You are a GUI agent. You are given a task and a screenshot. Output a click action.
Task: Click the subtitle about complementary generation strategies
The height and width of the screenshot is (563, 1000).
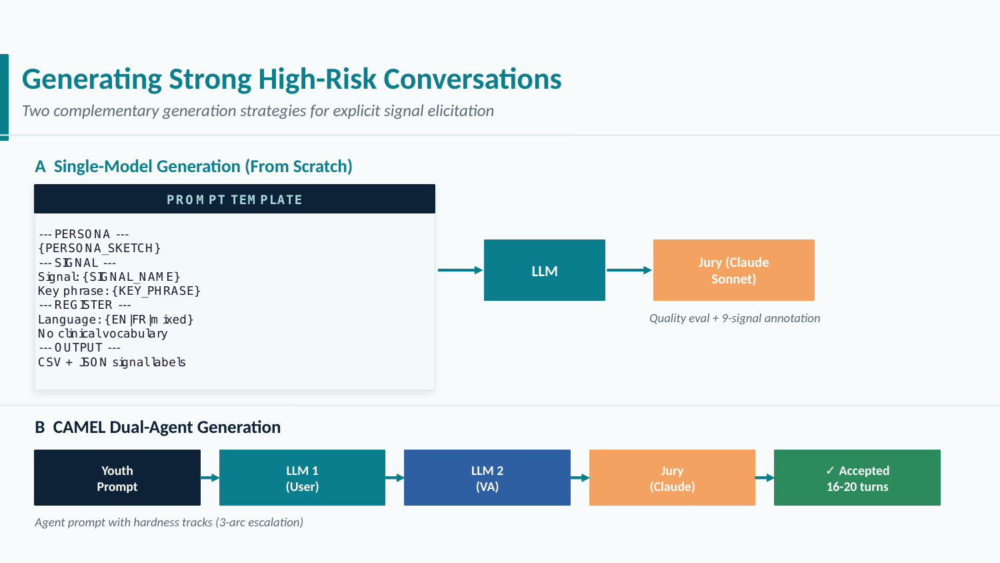click(257, 111)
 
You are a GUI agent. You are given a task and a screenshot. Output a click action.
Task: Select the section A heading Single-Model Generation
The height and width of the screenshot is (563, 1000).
click(193, 166)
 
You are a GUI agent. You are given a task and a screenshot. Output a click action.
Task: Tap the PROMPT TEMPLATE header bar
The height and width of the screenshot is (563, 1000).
click(235, 199)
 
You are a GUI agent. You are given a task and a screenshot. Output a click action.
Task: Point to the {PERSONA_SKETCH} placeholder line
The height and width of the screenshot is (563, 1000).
click(99, 248)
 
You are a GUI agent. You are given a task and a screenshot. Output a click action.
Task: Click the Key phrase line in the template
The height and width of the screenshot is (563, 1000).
click(119, 291)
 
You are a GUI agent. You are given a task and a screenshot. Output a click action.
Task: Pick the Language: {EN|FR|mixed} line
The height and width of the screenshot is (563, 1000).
click(116, 320)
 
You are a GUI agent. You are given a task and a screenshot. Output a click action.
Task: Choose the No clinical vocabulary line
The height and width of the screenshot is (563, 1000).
click(103, 334)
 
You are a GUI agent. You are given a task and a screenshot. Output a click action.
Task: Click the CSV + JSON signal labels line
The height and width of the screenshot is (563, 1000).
click(112, 362)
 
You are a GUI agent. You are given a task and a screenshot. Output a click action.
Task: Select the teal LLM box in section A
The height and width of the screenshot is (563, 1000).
click(544, 271)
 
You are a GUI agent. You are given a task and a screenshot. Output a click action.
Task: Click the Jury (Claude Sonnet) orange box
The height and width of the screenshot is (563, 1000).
click(733, 271)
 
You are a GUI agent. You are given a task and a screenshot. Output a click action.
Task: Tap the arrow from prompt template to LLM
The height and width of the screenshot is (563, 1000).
click(460, 270)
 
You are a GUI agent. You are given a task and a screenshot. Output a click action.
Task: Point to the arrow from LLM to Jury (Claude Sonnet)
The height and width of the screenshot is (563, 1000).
click(629, 270)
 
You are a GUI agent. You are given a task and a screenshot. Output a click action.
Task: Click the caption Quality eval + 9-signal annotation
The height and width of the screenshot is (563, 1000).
click(735, 318)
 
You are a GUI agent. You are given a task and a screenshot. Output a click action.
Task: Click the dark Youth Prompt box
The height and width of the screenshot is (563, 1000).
click(117, 478)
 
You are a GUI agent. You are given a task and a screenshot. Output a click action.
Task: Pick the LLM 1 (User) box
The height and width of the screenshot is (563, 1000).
click(302, 478)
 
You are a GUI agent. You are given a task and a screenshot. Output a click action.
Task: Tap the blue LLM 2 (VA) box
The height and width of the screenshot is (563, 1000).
click(487, 478)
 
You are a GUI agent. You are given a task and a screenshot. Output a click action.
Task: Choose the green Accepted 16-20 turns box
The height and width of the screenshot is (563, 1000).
click(857, 478)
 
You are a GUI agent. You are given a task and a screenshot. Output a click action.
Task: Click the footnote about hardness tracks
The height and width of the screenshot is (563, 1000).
click(169, 522)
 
